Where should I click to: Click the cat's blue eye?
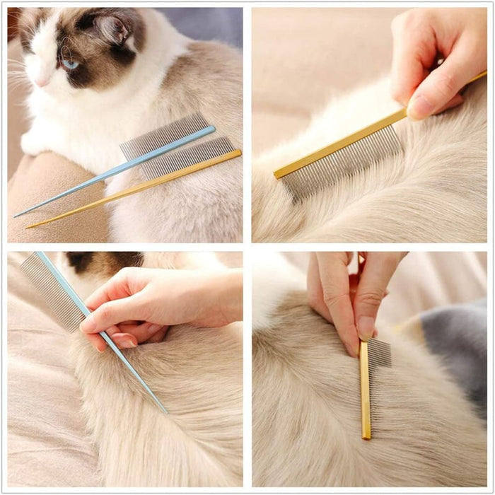click(x=69, y=64)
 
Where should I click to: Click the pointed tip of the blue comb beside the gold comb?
click(x=17, y=215)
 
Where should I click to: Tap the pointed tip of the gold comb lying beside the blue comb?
click(x=28, y=227)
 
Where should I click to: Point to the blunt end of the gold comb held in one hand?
click(x=278, y=173)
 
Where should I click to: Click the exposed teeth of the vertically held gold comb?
click(x=380, y=353)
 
